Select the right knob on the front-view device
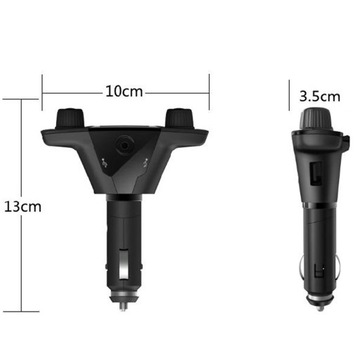(179, 117)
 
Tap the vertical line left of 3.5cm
(292, 97)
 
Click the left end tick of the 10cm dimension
(43, 90)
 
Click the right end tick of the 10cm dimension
(208, 90)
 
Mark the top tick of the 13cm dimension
(23, 99)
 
